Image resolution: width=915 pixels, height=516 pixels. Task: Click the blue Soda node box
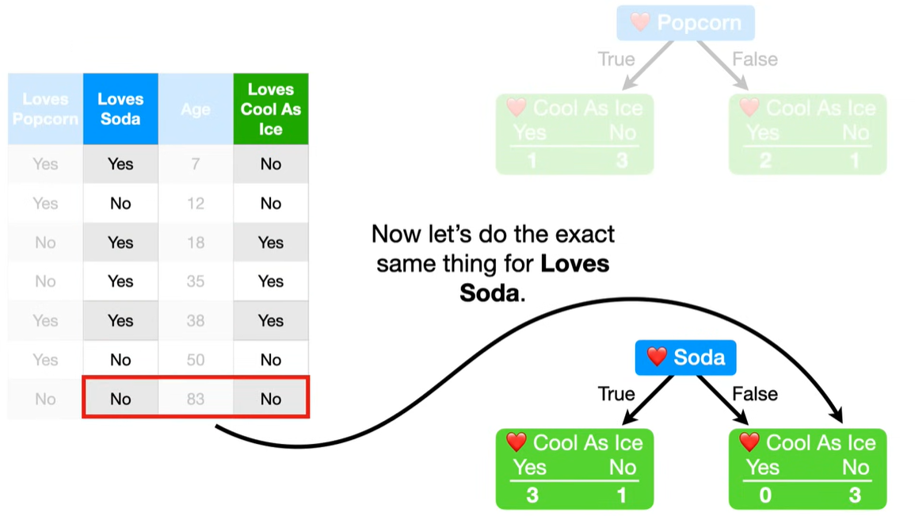[x=686, y=357]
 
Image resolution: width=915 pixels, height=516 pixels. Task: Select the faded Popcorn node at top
[x=686, y=22]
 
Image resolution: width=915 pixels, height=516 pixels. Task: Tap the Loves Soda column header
[x=120, y=109]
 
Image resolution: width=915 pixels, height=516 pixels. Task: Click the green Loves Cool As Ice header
[x=270, y=109]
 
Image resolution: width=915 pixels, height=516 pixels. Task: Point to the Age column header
[x=196, y=109]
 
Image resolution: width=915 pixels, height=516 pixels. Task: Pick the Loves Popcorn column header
[x=45, y=109]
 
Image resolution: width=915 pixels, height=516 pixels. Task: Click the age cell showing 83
[x=196, y=399]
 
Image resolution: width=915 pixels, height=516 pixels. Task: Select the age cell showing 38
[x=196, y=320]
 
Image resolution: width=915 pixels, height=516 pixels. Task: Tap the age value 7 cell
[x=196, y=164]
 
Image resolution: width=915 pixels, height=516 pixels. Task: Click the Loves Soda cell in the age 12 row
[x=120, y=204]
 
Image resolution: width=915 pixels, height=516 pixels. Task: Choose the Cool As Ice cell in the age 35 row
[x=270, y=281]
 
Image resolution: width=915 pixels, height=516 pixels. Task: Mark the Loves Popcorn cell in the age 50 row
[x=45, y=360]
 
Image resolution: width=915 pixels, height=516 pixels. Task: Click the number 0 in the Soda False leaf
[x=764, y=495]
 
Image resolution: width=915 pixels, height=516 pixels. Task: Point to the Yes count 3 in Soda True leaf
[x=532, y=495]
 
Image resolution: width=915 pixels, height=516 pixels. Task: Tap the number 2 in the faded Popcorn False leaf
[x=764, y=161]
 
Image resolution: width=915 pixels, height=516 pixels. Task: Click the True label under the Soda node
[x=616, y=394]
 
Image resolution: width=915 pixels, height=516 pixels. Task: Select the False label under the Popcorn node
[x=754, y=59]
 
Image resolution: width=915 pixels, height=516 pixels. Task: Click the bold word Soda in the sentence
[x=489, y=293]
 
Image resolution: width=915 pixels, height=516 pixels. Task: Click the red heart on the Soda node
[x=657, y=357]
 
